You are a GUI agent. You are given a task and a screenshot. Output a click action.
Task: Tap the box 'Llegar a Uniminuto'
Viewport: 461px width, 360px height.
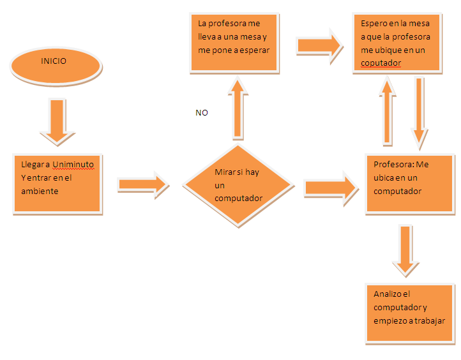[x=57, y=183]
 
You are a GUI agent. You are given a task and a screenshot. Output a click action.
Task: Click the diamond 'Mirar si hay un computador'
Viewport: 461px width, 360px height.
[x=238, y=186]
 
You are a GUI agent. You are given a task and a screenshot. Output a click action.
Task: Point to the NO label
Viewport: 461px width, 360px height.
[x=202, y=113]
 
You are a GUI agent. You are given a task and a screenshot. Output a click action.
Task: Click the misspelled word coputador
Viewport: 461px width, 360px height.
[x=381, y=63]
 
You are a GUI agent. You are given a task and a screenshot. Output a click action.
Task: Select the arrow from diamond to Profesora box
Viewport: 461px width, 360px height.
[x=331, y=188]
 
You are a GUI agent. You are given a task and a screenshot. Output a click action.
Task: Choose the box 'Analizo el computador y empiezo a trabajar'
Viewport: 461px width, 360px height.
[x=408, y=313]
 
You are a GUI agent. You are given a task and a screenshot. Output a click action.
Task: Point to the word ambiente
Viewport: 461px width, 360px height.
[x=40, y=191]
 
